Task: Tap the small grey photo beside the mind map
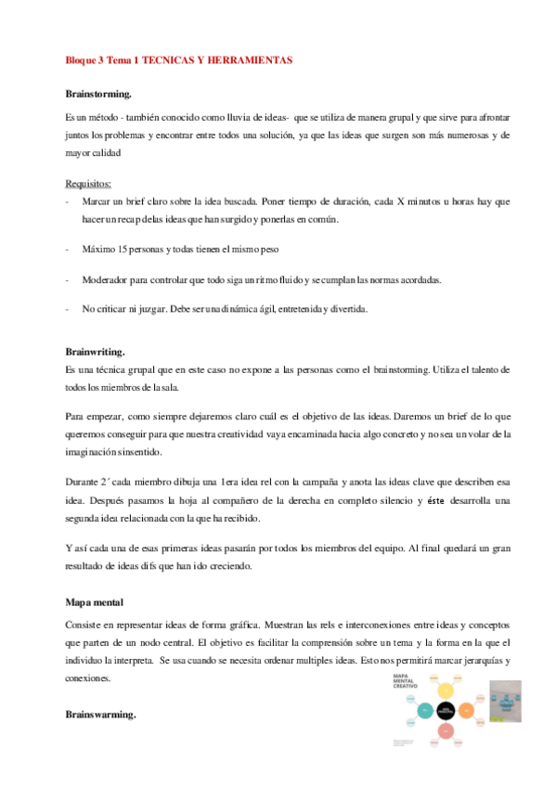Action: coord(507,702)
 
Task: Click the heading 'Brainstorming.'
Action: coord(97,95)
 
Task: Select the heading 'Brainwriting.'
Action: coord(96,353)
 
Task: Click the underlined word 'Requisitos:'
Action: coord(88,183)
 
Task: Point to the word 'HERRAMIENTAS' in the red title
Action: coord(246,60)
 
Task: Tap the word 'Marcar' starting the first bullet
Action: coord(97,201)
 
